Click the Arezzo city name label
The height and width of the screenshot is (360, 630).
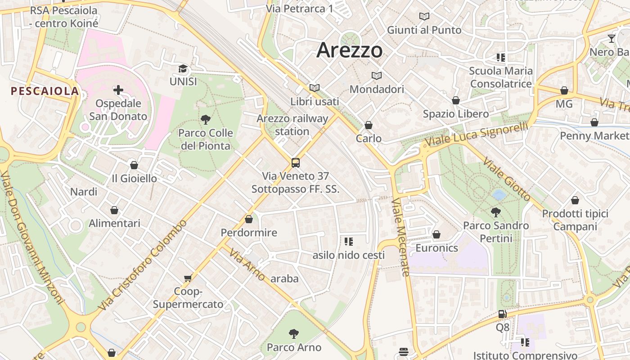click(x=350, y=50)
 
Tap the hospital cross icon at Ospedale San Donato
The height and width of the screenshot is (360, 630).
click(x=118, y=90)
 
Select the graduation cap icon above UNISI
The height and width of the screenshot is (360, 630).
click(x=183, y=69)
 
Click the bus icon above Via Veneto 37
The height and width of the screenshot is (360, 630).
click(x=295, y=163)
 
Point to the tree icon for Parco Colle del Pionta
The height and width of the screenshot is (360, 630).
click(x=206, y=120)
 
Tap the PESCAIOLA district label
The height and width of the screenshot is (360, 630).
click(x=45, y=91)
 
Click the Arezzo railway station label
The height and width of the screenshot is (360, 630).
click(x=292, y=125)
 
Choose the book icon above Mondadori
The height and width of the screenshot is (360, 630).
click(x=377, y=76)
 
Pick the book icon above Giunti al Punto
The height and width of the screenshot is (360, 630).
click(x=424, y=17)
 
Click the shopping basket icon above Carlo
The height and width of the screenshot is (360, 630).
click(x=369, y=125)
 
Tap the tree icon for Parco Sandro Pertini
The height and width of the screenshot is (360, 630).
click(x=496, y=212)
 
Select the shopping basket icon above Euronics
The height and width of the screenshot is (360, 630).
click(x=436, y=234)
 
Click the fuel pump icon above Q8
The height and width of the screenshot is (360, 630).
click(x=502, y=314)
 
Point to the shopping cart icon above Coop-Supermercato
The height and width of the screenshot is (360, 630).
click(x=188, y=278)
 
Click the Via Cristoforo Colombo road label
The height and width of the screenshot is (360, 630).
click(x=143, y=265)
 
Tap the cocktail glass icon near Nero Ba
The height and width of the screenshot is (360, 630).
click(x=611, y=39)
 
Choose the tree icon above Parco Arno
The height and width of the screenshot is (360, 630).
click(x=294, y=334)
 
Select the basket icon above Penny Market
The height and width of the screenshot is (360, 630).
click(x=594, y=122)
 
